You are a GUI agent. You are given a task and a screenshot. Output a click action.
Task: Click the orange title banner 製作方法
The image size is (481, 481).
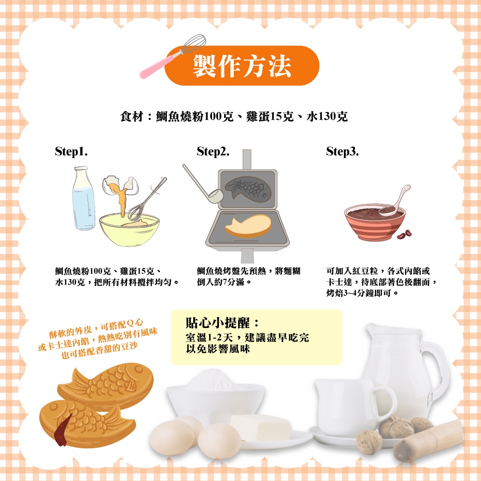(x=242, y=65)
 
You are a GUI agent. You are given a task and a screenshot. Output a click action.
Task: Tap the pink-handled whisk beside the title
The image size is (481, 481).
(x=172, y=56)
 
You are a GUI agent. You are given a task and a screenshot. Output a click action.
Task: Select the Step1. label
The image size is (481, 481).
(x=71, y=151)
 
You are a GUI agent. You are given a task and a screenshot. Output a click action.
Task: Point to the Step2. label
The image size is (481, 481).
(x=213, y=151)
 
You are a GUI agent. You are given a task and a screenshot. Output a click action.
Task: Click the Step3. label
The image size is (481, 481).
(x=342, y=151)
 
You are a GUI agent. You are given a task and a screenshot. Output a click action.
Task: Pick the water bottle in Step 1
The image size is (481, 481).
(x=83, y=198)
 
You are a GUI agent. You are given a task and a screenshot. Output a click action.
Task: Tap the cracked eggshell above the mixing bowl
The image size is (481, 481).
(x=120, y=186)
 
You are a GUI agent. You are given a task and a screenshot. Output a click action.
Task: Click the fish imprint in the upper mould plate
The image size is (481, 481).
(x=248, y=189)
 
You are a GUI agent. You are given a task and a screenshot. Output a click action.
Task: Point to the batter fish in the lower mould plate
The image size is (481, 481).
(x=249, y=226)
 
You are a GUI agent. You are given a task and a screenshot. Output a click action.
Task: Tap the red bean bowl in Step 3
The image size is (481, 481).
(x=375, y=222)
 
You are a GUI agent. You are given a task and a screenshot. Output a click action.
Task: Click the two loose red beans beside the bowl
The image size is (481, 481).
(x=404, y=234)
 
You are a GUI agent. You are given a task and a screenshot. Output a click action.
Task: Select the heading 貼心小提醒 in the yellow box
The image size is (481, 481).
(x=223, y=323)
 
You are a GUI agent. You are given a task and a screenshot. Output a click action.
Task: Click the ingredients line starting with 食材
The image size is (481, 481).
(x=234, y=116)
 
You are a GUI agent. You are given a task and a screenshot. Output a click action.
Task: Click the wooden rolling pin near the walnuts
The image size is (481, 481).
(x=428, y=441)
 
